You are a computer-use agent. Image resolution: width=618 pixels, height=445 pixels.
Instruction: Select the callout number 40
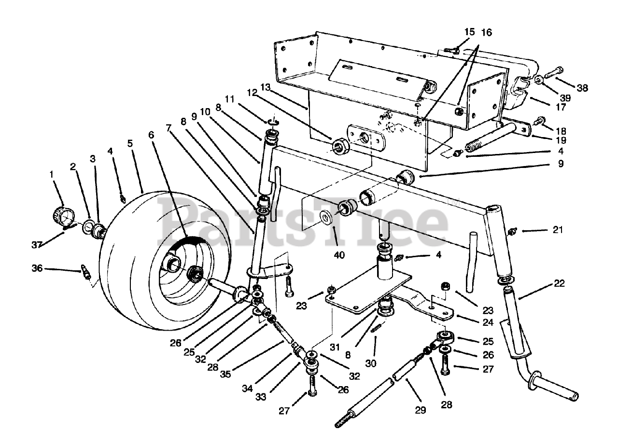click(x=339, y=255)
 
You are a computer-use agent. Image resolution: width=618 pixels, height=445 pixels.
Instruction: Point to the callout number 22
click(x=559, y=283)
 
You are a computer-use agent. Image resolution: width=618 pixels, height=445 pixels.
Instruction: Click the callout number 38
click(x=583, y=88)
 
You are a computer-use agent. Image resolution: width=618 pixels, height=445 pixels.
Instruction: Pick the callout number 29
click(x=421, y=410)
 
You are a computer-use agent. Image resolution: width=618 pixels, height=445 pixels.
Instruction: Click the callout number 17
click(x=560, y=107)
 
